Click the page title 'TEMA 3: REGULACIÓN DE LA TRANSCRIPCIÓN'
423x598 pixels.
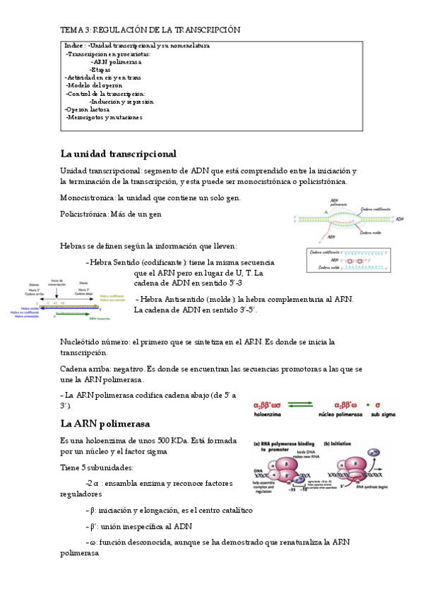click(150, 30)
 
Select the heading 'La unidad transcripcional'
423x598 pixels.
click(118, 154)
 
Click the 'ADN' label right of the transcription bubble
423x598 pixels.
click(400, 219)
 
